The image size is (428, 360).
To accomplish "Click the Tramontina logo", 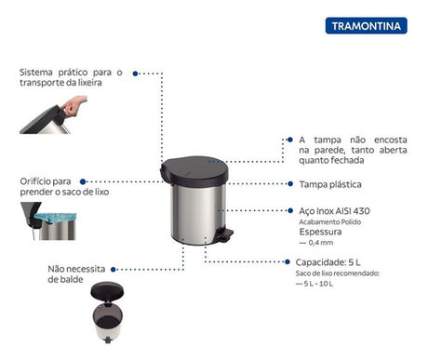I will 365,25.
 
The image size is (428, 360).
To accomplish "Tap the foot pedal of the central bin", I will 224,235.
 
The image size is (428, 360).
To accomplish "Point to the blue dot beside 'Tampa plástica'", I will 290,185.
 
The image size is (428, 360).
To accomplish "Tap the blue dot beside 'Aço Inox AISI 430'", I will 290,212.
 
